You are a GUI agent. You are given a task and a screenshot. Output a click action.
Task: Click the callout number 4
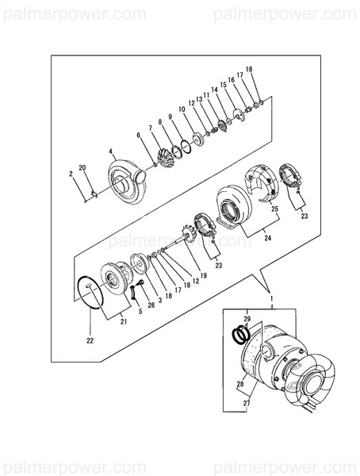tap(111, 150)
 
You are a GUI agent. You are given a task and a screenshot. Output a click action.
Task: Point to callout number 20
tap(82, 169)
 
